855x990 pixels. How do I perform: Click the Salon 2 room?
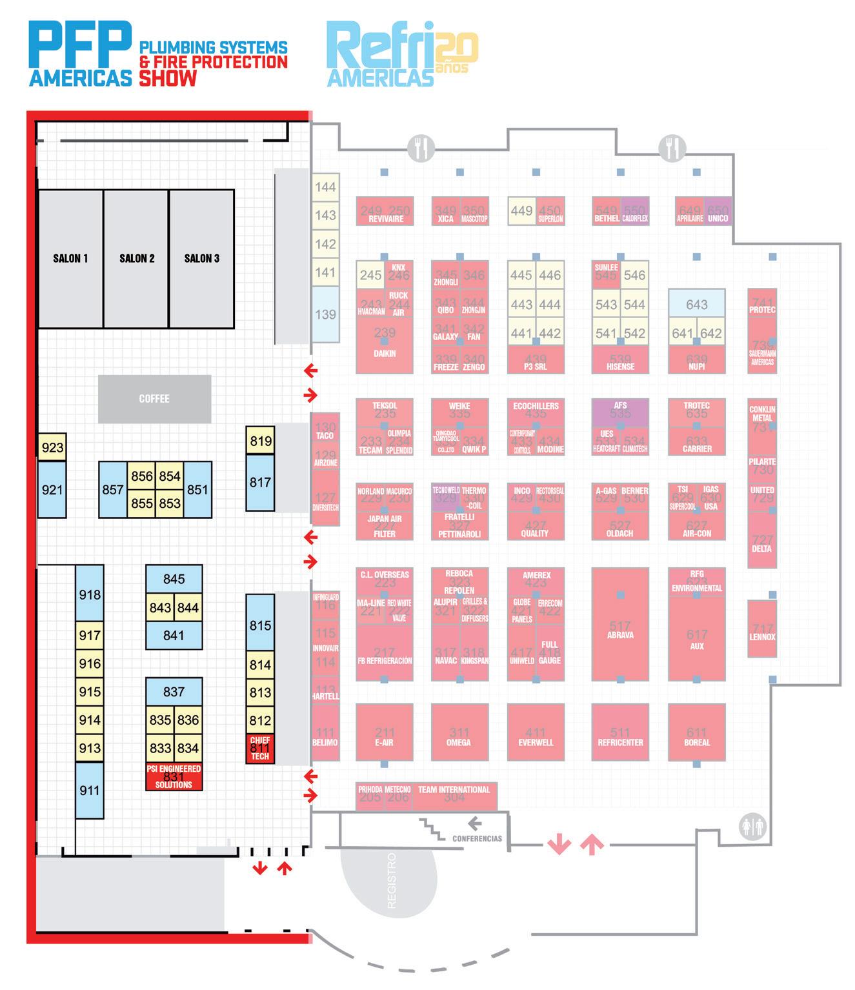pos(136,259)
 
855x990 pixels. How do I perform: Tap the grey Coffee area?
pos(154,399)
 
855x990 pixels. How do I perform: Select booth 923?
pos(52,447)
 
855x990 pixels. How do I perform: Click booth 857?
pos(113,489)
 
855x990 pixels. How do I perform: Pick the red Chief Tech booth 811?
pos(260,749)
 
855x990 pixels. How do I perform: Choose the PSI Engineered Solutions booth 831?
pos(174,777)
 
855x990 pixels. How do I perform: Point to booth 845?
pos(174,579)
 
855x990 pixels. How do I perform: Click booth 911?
pos(90,790)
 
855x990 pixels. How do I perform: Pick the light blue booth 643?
pos(696,303)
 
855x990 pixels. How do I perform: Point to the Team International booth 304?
pos(454,796)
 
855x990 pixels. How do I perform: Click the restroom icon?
pos(752,827)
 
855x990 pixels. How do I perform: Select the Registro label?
pos(391,881)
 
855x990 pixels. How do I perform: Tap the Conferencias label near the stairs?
pos(477,838)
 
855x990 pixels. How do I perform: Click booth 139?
pos(325,314)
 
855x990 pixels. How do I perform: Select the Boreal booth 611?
pos(696,735)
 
